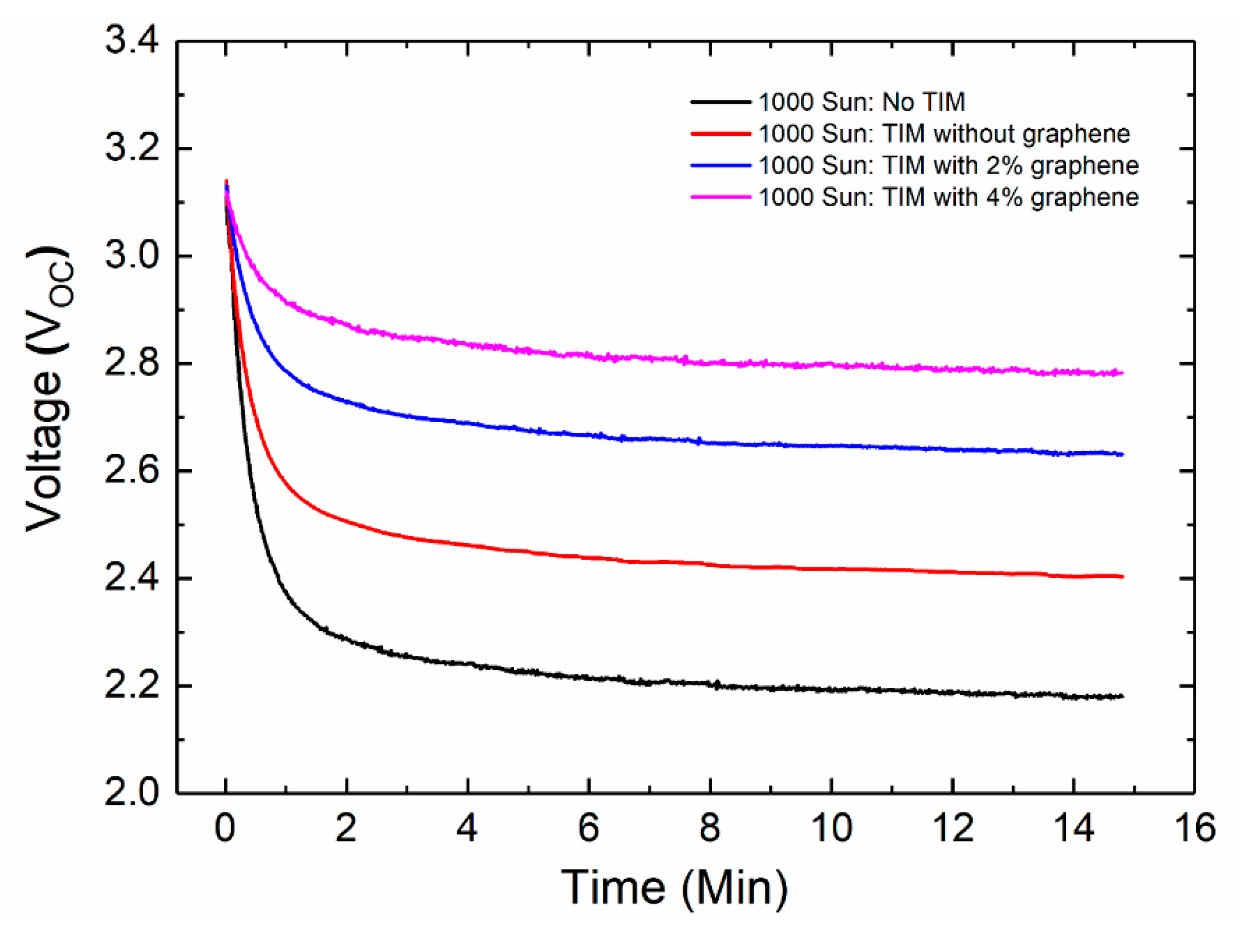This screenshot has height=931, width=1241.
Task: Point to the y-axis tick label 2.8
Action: (x=131, y=363)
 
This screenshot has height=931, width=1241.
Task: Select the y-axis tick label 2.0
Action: (x=131, y=793)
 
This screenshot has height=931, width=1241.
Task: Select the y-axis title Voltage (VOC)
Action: (x=50, y=389)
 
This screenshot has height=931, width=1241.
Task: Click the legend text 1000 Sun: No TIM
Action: (x=862, y=102)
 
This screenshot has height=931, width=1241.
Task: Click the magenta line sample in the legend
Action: (x=721, y=197)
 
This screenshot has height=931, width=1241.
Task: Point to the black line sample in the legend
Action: (x=721, y=102)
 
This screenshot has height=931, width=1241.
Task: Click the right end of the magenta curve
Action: (x=1122, y=373)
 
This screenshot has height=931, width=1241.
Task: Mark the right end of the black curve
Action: (x=1122, y=696)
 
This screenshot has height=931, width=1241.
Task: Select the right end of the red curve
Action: (x=1122, y=576)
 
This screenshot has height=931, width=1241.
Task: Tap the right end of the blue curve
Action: (x=1122, y=454)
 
